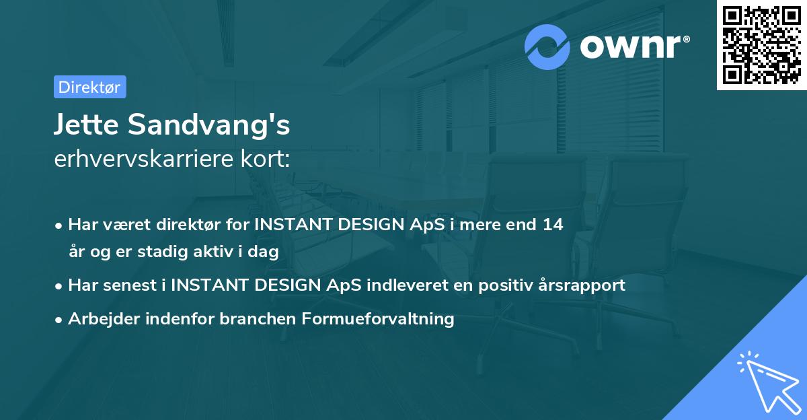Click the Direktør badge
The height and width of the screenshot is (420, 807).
pyautogui.click(x=89, y=87)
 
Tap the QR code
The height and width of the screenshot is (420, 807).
pyautogui.click(x=761, y=44)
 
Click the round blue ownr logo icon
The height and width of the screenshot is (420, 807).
pyautogui.click(x=547, y=46)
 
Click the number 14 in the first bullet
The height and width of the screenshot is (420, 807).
pyautogui.click(x=553, y=225)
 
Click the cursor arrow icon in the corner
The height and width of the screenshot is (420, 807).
pyautogui.click(x=768, y=383)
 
